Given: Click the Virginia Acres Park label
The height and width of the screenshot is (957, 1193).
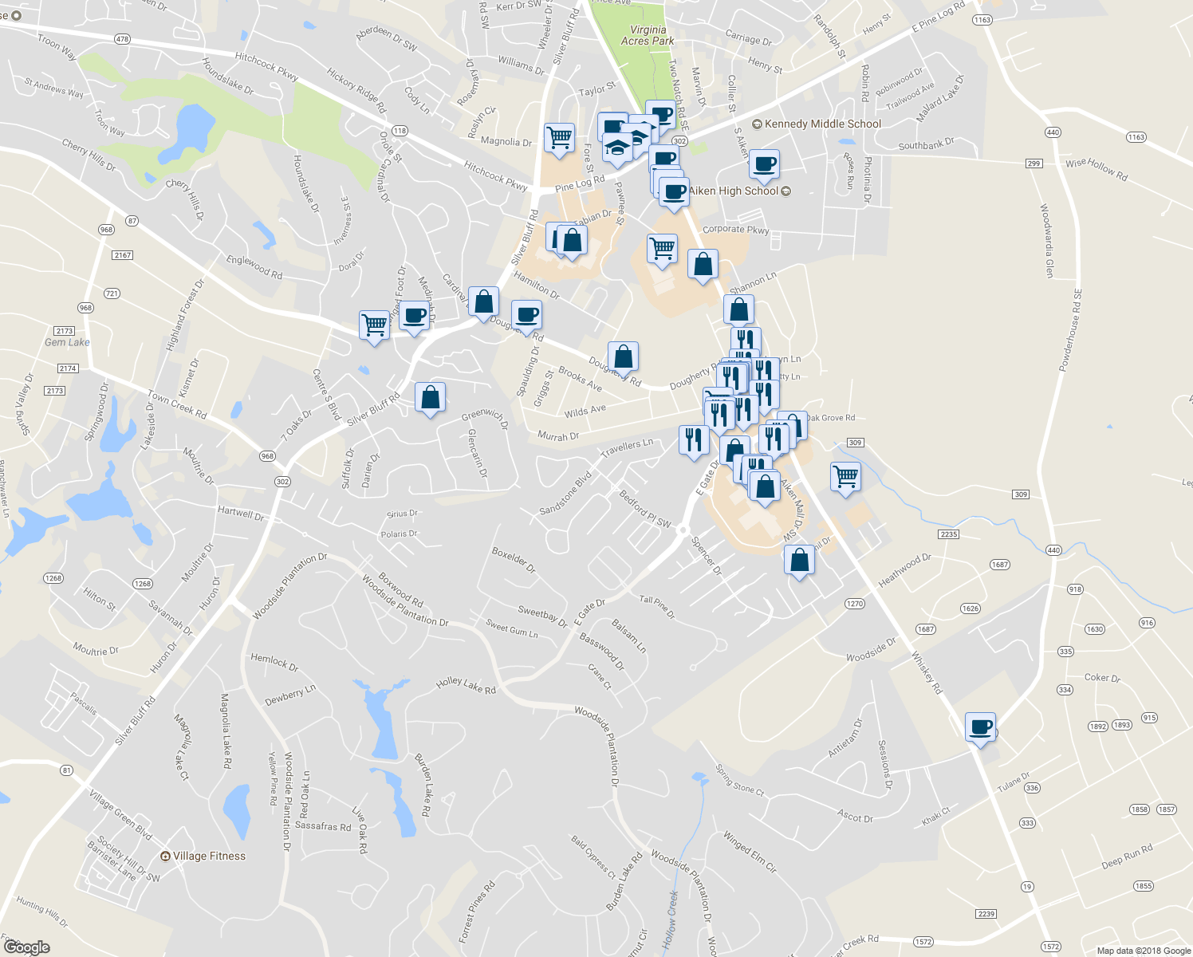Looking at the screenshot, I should coord(648,35).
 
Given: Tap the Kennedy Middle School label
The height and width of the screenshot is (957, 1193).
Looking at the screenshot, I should coord(822,124).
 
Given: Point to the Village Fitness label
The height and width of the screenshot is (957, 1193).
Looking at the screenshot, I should coord(209,856).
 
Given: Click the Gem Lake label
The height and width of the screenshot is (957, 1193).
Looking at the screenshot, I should coord(67,342).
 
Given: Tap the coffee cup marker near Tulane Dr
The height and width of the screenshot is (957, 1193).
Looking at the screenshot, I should coord(980,727).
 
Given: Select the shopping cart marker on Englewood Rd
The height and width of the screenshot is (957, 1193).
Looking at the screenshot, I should coord(374,325).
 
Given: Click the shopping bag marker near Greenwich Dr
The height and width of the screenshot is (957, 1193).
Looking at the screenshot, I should coord(430,397).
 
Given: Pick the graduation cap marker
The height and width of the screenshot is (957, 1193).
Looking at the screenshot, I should coord(617,148).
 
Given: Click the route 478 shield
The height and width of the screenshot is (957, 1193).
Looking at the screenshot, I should coord(122,39).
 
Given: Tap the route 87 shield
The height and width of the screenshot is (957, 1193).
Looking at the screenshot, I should coord(132,221).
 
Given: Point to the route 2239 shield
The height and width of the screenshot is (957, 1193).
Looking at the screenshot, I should coord(986,914).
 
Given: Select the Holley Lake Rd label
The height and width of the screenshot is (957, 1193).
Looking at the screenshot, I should coord(466,685).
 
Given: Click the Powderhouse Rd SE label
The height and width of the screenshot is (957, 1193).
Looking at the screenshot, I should coord(1071,330).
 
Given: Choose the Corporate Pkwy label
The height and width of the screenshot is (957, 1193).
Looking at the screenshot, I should coord(735,229).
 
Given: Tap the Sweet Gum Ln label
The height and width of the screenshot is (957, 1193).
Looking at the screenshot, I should coord(512,629).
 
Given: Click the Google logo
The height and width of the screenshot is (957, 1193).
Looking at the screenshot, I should coord(26,947).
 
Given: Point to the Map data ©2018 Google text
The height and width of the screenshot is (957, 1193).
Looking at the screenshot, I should coord(1144,951).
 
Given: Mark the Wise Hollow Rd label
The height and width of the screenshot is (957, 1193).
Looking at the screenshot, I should coord(1097,168).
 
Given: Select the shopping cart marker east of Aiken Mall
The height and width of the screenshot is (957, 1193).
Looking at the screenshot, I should coord(845,477).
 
